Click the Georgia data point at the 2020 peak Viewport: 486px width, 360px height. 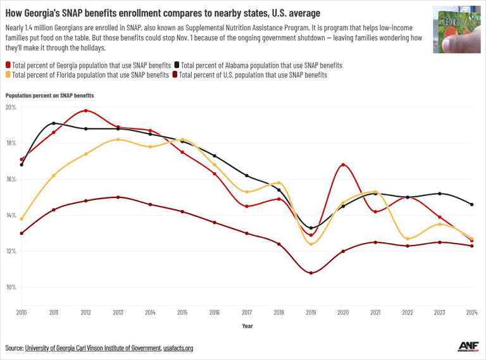[343, 165]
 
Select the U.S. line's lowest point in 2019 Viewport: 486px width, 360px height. [311, 273]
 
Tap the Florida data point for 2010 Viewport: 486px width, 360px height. [22, 219]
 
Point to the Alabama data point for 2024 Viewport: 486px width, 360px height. [472, 204]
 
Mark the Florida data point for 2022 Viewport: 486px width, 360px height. [408, 239]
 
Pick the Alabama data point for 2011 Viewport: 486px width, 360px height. [54, 123]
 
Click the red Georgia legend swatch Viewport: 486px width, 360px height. [8, 65]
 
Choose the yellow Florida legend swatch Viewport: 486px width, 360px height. [8, 75]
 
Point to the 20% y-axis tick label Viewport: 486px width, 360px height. [11, 107]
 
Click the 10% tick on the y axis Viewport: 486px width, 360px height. [11, 287]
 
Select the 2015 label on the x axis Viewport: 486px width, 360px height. [182, 312]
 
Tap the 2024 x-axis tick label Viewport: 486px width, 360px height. [472, 312]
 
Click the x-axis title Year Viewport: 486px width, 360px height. [247, 326]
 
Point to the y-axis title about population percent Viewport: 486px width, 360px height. [50, 95]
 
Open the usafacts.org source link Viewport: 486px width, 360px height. [178, 348]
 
